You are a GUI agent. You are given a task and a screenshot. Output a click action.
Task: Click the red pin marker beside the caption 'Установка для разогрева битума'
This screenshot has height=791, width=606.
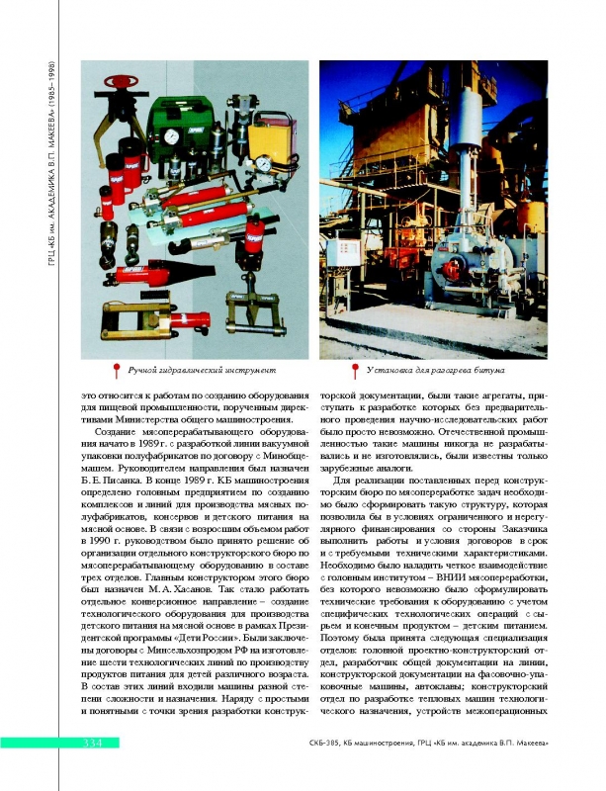[x=355, y=370]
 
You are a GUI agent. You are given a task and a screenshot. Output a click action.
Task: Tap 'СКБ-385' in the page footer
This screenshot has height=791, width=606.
[x=325, y=744]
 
